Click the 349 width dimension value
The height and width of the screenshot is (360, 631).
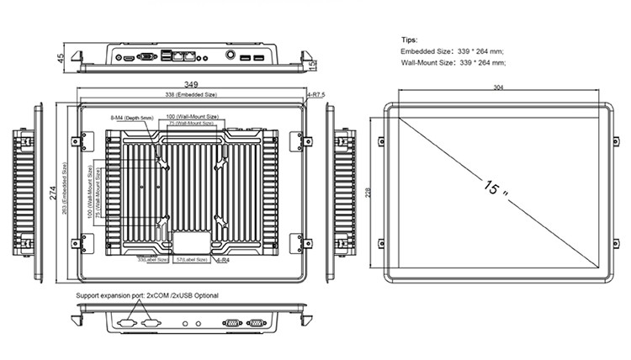192,84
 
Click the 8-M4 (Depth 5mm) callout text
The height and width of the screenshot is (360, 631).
132,119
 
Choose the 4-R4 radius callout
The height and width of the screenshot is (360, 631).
223,262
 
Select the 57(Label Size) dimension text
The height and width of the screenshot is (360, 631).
192,261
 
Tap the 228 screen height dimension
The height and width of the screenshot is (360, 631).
369,193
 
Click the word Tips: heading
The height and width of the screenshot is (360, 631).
410,40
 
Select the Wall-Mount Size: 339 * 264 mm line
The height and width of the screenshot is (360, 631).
453,62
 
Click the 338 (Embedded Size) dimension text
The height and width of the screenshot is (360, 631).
192,96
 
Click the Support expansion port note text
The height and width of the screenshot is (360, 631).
147,297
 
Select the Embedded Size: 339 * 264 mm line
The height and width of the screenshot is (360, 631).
453,51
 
